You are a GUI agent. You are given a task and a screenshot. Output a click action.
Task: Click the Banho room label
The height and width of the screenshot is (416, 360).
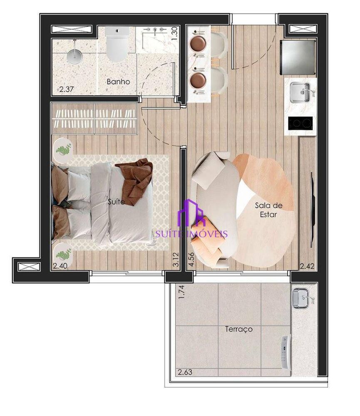pos(118,82)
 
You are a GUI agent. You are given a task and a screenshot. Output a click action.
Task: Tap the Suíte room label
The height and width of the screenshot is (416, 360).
pos(116,202)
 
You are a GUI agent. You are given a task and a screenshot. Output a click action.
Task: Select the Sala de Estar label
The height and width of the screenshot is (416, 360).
pos(268,210)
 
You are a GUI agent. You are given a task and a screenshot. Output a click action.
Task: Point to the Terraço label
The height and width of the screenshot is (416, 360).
pos(239,329)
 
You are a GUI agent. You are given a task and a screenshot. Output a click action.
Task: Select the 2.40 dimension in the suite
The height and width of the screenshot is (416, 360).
pos(60,265)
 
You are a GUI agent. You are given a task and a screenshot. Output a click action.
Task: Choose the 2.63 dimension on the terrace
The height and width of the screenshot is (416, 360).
pos(186,372)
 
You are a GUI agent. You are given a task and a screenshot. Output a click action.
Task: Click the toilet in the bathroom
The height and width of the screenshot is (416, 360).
pos(117,45)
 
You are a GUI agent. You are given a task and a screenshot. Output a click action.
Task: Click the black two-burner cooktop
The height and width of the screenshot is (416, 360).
pos(300,123)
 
